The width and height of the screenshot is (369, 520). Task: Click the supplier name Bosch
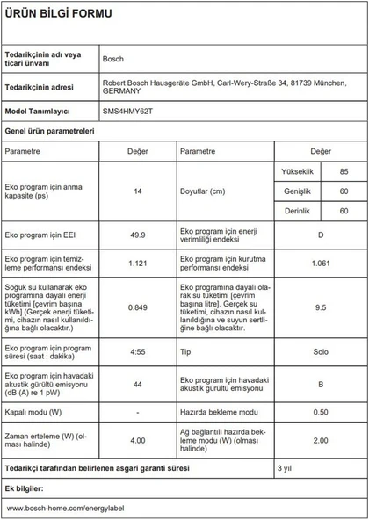pyautogui.click(x=113, y=59)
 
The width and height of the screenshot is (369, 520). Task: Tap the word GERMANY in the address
pyautogui.click(x=123, y=90)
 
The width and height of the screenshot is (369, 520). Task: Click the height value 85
pyautogui.click(x=344, y=170)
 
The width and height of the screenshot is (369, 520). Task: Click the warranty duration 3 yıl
pyautogui.click(x=286, y=468)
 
